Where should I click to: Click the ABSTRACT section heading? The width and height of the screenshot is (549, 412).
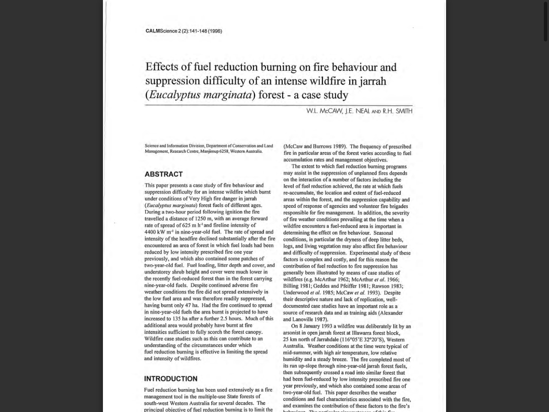tap(163, 174)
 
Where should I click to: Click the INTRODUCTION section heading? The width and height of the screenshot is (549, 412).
tap(171, 379)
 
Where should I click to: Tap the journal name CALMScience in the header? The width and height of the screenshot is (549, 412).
tap(161, 31)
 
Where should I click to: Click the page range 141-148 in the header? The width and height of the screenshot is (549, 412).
tap(197, 31)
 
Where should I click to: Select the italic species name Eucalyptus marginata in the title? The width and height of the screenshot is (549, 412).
tap(200, 95)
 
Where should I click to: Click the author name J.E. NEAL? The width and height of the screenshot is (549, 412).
tap(357, 111)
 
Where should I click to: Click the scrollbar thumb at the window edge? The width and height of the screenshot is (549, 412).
tap(546, 21)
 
